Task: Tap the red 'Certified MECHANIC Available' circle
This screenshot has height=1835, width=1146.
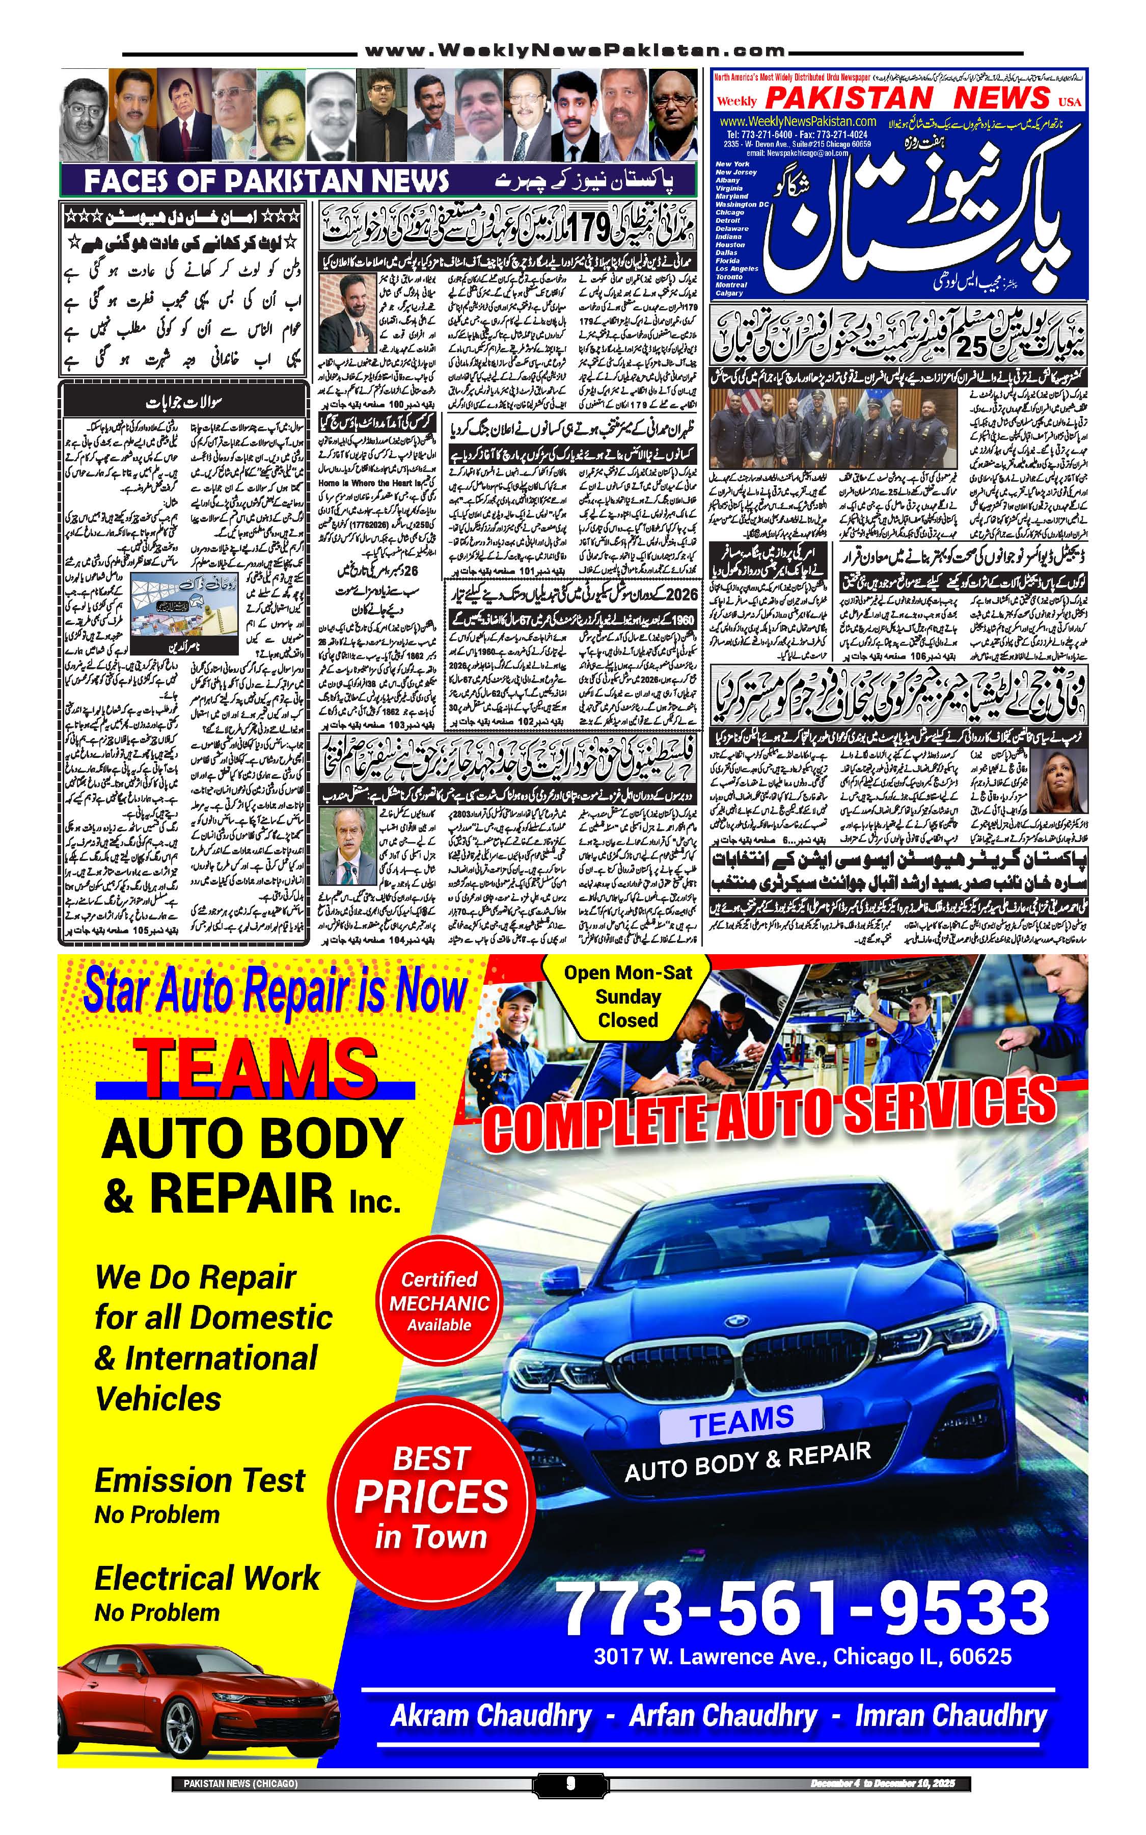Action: point(439,1302)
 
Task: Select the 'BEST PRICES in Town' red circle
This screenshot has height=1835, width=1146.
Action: point(431,1498)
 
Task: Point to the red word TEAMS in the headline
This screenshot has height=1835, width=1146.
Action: point(255,1068)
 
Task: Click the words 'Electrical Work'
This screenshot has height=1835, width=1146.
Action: point(207,1578)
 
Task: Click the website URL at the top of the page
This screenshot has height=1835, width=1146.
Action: point(574,51)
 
